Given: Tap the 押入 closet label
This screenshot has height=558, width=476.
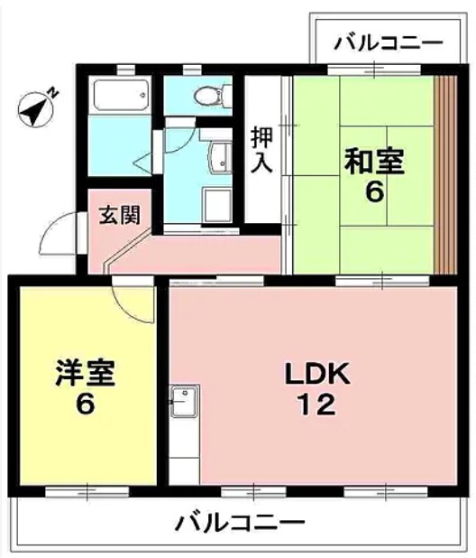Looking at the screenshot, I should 261,148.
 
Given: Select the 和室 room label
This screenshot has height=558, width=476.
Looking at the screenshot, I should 374,163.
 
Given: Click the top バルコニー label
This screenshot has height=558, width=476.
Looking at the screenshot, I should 387,42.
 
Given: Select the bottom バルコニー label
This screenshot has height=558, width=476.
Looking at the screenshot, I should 240,522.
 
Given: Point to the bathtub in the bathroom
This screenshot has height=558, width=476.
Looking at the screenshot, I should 120,97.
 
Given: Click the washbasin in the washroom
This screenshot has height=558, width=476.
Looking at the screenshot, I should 218,155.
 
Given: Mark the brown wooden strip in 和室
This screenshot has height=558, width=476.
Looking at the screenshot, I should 444,172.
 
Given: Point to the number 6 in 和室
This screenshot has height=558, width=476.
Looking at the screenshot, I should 372,192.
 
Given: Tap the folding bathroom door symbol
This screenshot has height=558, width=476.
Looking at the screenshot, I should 144,162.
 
